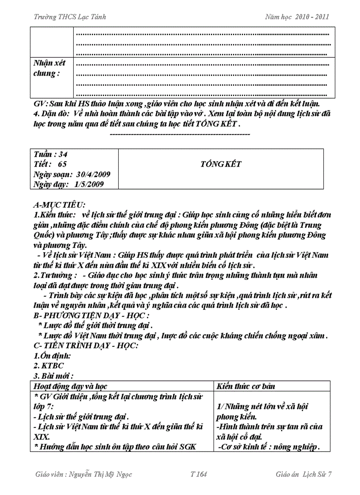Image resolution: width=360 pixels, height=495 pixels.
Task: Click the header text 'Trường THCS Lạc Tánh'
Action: point(70,17)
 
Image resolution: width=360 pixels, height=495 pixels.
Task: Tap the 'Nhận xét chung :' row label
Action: point(49,68)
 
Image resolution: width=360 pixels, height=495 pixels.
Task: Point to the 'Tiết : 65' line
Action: point(50,164)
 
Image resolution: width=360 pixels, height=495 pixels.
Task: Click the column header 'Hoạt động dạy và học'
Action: point(71,386)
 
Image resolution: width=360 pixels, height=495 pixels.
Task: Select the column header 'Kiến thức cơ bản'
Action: point(246,386)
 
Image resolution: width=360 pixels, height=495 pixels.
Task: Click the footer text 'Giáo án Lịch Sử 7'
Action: point(303,474)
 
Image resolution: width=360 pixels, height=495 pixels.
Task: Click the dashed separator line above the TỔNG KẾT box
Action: point(179,134)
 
